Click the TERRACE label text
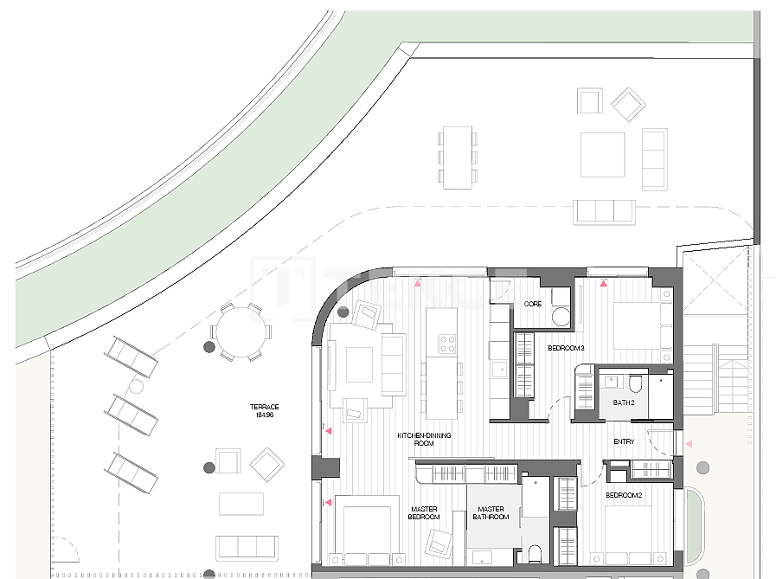coord(264,407)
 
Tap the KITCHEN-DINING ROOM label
coord(424,440)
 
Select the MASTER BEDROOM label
coord(424,512)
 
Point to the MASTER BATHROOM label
coord(491,512)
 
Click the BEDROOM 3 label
coord(566,348)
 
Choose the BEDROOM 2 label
coord(624,495)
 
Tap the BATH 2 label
coord(624,402)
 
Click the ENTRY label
coord(624,441)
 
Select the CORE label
coord(533,304)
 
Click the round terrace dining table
coord(240,331)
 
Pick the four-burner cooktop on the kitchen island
coord(447,344)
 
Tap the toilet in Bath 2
coord(636,384)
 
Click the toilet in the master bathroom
coord(535,554)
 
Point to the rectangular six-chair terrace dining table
coord(458,158)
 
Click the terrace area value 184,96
coord(264,415)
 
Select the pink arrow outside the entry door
coord(688,444)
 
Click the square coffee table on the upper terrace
coord(602,155)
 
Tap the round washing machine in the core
coord(561,317)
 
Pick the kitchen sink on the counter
coord(499,369)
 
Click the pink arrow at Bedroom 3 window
coord(603,283)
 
